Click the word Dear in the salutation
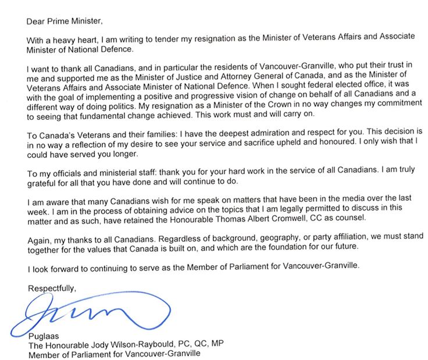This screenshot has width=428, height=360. [x=37, y=22]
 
